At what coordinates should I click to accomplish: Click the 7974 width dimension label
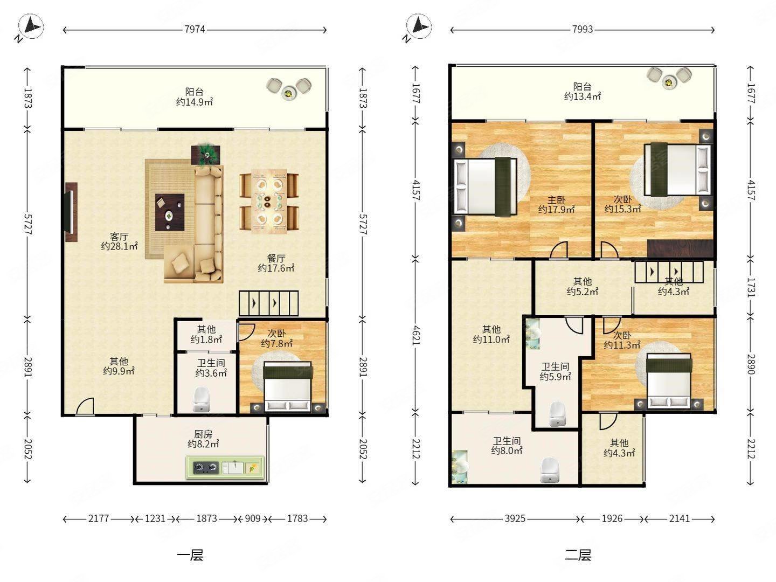pyautogui.click(x=195, y=29)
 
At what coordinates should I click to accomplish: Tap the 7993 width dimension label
pyautogui.click(x=582, y=29)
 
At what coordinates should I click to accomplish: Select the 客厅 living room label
pyautogui.click(x=119, y=237)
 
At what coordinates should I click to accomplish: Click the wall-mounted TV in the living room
pyautogui.click(x=71, y=212)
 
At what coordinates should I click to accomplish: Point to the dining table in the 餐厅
pyautogui.click(x=269, y=202)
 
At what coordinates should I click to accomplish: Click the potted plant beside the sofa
pyautogui.click(x=206, y=155)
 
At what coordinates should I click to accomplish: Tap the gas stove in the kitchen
pyautogui.click(x=205, y=468)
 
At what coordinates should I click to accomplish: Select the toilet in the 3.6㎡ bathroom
pyautogui.click(x=202, y=399)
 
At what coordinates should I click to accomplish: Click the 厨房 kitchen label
pyautogui.click(x=203, y=434)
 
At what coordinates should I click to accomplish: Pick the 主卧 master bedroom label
pyautogui.click(x=557, y=200)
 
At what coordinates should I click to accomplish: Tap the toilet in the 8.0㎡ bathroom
pyautogui.click(x=550, y=470)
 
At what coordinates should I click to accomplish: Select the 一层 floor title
pyautogui.click(x=190, y=555)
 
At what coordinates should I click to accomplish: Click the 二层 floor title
pyautogui.click(x=578, y=555)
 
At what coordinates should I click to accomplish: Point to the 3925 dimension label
pyautogui.click(x=515, y=518)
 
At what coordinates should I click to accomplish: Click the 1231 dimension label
pyautogui.click(x=155, y=518)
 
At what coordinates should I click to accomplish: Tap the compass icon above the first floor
pyautogui.click(x=31, y=26)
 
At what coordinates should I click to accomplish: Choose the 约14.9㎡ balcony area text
pyautogui.click(x=195, y=102)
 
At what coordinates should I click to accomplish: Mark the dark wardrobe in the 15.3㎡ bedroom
pyautogui.click(x=680, y=249)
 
